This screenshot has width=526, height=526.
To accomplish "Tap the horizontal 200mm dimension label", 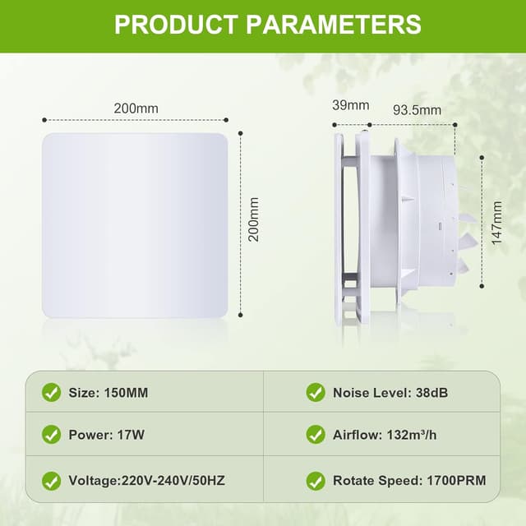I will pos(136,108).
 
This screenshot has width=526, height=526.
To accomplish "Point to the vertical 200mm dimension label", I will pos(254,219).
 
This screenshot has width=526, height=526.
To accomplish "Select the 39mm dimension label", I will pos(352,105).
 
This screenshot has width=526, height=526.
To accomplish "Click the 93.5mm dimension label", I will pos(416,109).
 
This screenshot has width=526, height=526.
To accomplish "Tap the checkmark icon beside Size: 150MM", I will pos(52,393).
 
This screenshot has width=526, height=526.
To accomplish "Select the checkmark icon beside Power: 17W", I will pos(52,435).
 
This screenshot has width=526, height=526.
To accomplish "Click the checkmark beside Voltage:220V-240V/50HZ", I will pos(52,480).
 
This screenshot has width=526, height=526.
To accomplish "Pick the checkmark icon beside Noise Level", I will pos(316,393).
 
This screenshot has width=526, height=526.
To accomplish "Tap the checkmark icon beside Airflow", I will pos(316,435).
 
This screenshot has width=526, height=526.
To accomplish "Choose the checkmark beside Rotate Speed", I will pos(316,480).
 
